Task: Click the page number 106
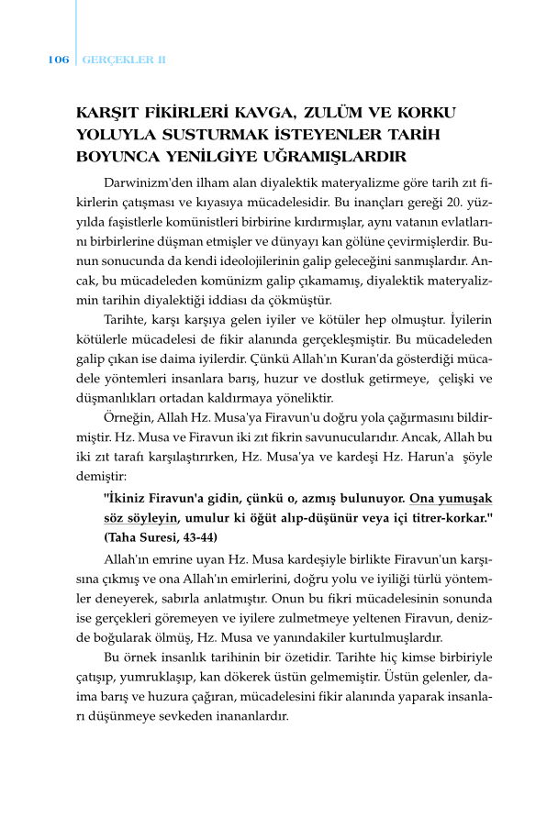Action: (x=58, y=60)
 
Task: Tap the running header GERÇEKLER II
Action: (x=124, y=60)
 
